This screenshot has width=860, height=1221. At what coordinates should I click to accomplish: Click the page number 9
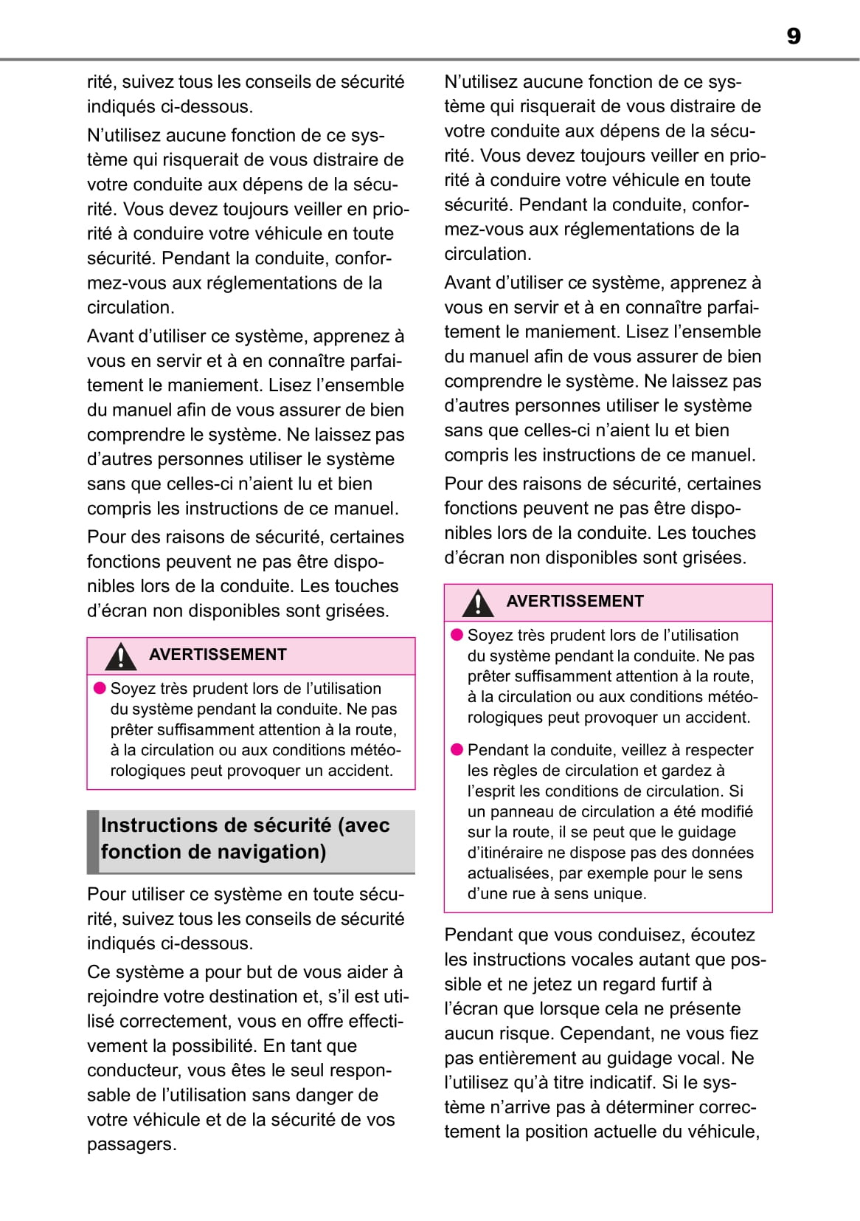[794, 36]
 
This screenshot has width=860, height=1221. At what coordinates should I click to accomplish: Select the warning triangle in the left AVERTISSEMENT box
[120, 656]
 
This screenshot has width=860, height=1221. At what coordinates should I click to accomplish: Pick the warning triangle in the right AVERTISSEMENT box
[478, 603]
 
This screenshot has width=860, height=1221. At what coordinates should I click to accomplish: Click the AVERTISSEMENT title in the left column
[218, 655]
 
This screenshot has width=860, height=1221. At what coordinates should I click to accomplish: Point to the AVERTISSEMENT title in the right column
[575, 602]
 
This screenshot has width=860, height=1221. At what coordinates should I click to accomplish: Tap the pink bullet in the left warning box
[100, 689]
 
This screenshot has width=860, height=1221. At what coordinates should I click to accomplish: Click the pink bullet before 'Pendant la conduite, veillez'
[457, 750]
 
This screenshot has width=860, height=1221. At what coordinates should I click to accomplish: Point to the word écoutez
[723, 935]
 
